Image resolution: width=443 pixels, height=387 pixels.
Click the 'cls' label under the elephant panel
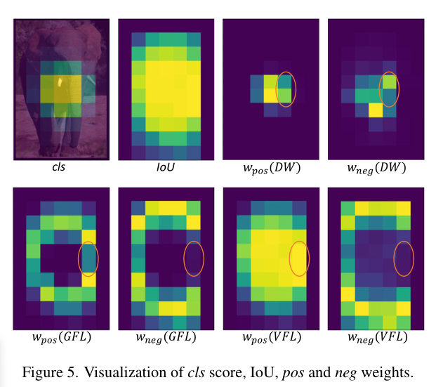tap(60, 169)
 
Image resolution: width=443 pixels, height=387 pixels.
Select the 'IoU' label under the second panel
tap(164, 169)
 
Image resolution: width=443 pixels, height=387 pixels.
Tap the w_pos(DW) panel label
tap(270, 169)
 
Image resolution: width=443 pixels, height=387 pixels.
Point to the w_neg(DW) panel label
tap(376, 169)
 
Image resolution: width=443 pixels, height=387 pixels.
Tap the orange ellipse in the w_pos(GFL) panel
tap(88, 258)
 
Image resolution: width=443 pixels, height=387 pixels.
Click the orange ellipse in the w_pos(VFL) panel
tap(299, 258)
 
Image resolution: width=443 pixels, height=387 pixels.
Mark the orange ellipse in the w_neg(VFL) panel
tap(404, 258)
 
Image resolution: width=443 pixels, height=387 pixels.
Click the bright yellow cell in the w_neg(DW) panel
tap(376, 110)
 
